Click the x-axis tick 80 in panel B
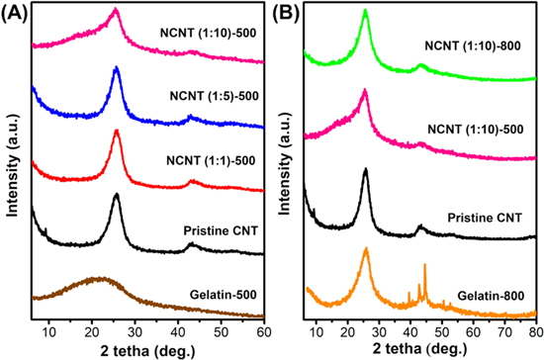click(535, 328)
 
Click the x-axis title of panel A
click(148, 348)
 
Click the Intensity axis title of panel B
click(286, 163)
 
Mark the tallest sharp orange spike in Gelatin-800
click(424, 266)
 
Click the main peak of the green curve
click(366, 12)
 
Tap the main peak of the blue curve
click(117, 68)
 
